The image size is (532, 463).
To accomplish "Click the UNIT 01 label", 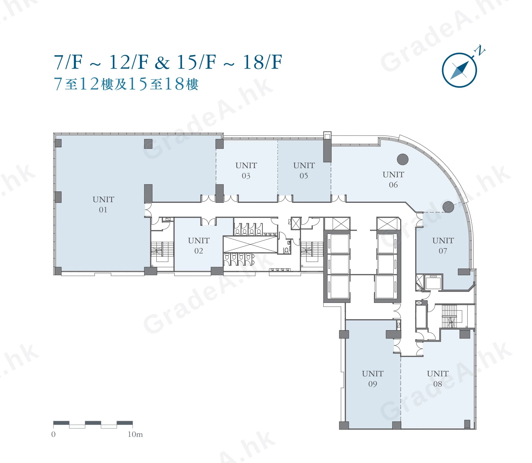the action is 103,204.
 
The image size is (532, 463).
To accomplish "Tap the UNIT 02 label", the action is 199,245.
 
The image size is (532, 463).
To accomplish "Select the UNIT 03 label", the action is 246,170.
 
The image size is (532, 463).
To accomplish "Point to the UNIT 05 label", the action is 304,170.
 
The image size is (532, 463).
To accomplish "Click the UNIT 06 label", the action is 393,179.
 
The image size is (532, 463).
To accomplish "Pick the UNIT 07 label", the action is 443,245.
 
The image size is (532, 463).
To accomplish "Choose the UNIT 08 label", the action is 438,379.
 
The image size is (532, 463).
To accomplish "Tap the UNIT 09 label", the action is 373,379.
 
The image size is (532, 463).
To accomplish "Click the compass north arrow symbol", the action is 460,70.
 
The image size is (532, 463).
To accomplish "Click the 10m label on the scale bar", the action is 135,434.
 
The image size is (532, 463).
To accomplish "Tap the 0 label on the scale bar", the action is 53,434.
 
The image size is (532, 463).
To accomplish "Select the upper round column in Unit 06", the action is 403,159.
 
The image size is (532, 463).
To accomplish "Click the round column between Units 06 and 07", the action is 448,207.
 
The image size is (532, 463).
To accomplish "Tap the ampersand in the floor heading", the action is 162,62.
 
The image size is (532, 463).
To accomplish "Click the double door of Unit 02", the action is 208,221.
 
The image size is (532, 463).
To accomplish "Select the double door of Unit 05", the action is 285,198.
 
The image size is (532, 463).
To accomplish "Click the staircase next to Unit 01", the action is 162,251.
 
